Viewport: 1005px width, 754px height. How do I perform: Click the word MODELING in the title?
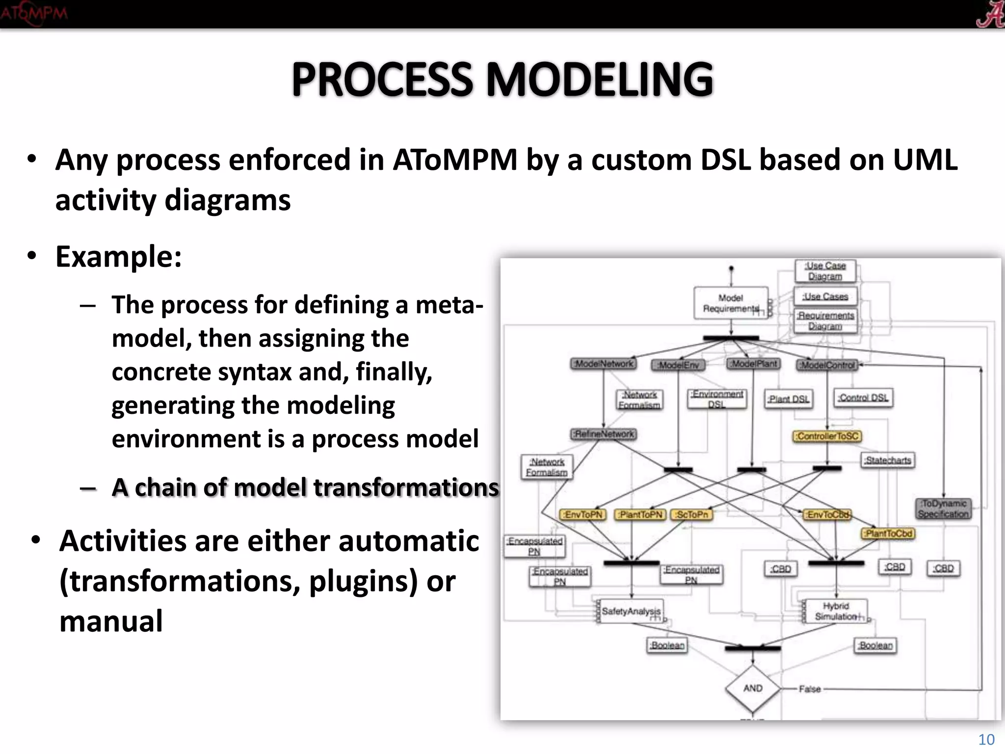(x=600, y=80)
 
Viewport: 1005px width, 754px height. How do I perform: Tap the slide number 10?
(x=986, y=739)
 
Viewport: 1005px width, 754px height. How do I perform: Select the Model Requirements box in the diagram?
(x=731, y=303)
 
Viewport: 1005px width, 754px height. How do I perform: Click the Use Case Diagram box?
(x=825, y=271)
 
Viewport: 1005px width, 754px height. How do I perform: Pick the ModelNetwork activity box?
(x=604, y=364)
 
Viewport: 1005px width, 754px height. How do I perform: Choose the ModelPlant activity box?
(x=754, y=364)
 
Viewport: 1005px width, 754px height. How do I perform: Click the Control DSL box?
(x=863, y=398)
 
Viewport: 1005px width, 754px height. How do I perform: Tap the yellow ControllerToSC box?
(x=827, y=436)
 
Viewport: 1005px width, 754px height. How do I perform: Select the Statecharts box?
(x=888, y=460)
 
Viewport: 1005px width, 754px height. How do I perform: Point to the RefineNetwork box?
(x=604, y=434)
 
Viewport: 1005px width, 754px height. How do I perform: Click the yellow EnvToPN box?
(x=583, y=514)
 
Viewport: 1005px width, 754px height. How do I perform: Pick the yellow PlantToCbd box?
(x=888, y=533)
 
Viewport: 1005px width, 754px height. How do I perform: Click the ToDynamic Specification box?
(x=943, y=509)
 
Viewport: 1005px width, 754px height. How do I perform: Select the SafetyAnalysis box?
(x=631, y=611)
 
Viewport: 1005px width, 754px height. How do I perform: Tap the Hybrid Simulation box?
(x=836, y=611)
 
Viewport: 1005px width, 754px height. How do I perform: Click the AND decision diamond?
(x=752, y=688)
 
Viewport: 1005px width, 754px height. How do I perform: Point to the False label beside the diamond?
(x=810, y=689)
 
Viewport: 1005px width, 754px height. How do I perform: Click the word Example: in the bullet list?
(x=118, y=256)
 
